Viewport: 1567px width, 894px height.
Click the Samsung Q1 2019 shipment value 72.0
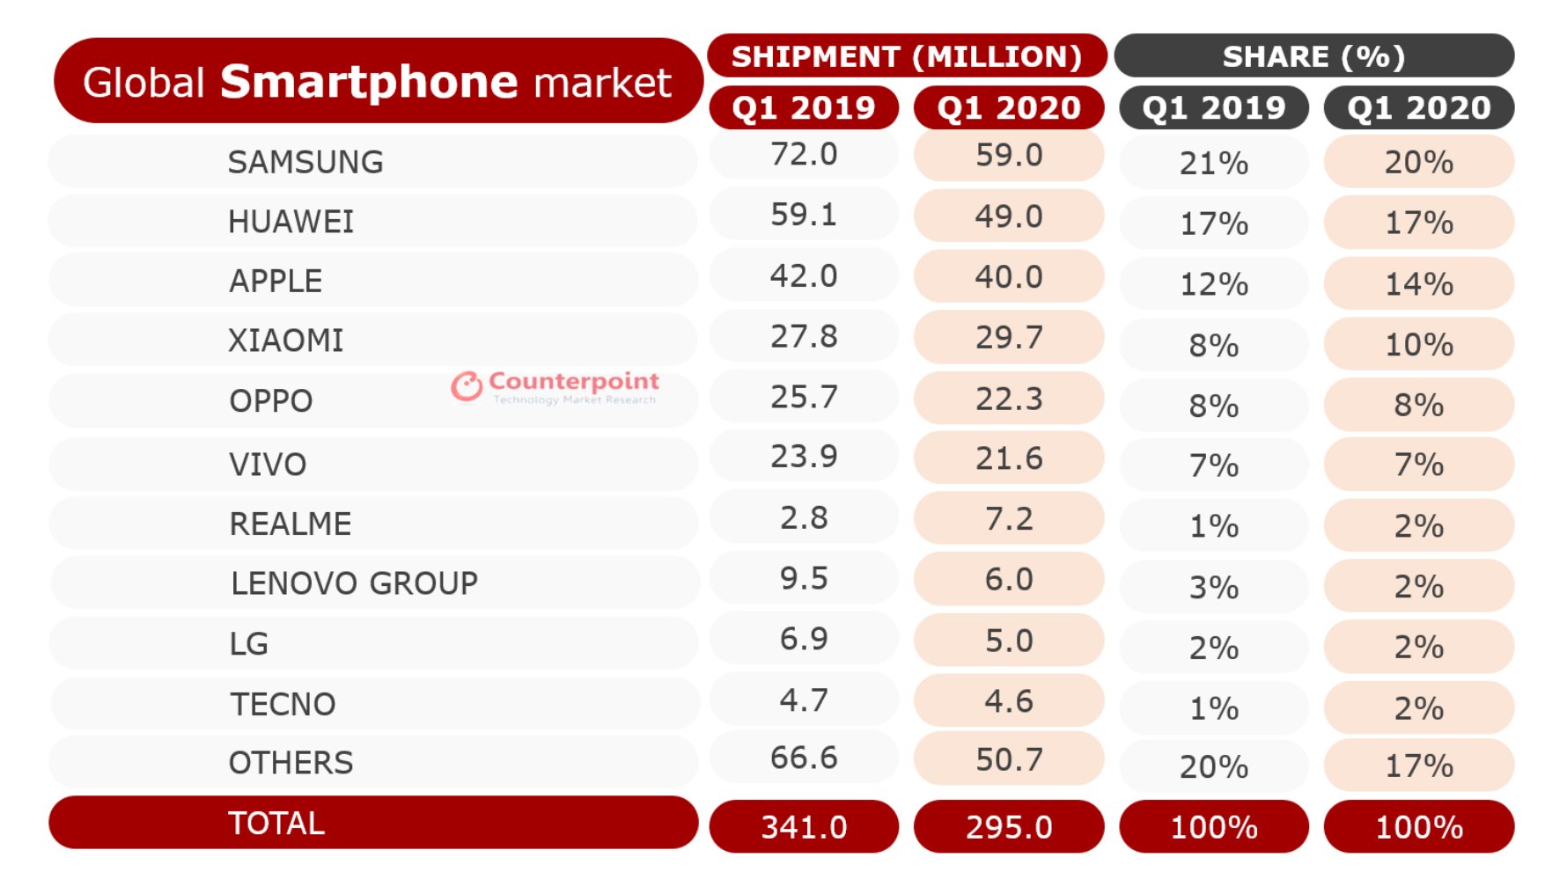point(804,155)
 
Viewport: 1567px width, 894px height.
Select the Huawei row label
point(291,222)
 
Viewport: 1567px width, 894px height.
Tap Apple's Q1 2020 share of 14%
point(1419,284)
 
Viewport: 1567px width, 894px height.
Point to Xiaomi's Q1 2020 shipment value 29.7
point(1009,337)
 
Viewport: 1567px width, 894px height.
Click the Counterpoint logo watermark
point(555,386)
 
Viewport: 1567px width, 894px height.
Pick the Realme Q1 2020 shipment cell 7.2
point(1009,519)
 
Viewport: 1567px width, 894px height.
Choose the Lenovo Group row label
point(354,583)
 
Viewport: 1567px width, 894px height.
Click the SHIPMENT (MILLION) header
point(907,56)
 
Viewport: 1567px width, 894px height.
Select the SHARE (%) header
point(1313,56)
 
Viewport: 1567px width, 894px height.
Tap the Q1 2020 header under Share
point(1419,108)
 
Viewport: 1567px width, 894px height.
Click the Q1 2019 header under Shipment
point(804,108)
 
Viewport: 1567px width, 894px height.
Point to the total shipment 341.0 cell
point(804,827)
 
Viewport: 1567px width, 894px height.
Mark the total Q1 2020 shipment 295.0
point(1009,827)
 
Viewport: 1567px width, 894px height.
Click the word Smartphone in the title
point(369,82)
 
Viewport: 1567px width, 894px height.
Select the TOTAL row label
point(276,824)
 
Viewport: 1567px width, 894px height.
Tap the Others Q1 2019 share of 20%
point(1214,767)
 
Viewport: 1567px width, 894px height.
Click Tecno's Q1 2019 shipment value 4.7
point(804,700)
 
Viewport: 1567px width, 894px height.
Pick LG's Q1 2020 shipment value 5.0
point(1009,641)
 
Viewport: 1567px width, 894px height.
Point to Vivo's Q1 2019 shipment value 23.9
point(804,457)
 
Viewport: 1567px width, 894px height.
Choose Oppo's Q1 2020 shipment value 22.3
point(1009,399)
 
